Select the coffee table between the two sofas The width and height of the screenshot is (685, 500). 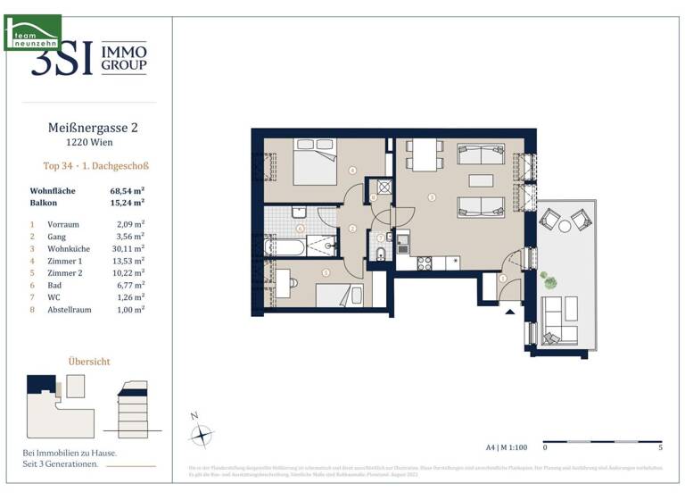tap(483, 182)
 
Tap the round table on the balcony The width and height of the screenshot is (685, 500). tap(565, 227)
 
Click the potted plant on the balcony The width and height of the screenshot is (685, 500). tap(550, 281)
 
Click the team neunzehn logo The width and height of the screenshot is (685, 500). tap(32, 32)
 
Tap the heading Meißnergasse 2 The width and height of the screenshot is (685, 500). tap(92, 128)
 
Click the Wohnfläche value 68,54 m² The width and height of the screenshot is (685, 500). tap(127, 191)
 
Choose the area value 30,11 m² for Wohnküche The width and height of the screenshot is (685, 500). tap(126, 249)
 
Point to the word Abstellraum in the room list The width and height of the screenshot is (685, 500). tap(67, 308)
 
